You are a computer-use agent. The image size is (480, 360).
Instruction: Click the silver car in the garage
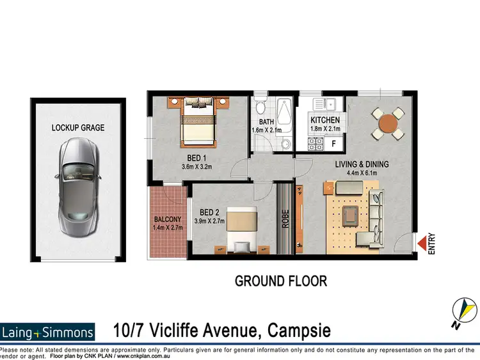pyautogui.click(x=77, y=186)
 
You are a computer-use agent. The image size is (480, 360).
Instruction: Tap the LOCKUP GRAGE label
pyautogui.click(x=78, y=128)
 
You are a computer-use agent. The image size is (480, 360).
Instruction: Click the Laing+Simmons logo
pyautogui.click(x=48, y=332)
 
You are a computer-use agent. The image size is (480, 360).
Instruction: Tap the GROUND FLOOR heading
pyautogui.click(x=281, y=281)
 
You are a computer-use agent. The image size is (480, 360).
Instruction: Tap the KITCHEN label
pyautogui.click(x=325, y=120)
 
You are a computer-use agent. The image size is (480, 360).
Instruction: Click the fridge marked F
pyautogui.click(x=333, y=143)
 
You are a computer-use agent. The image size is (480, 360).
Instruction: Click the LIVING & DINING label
pyautogui.click(x=362, y=164)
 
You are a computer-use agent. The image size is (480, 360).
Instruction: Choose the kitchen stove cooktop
pyautogui.click(x=315, y=145)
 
